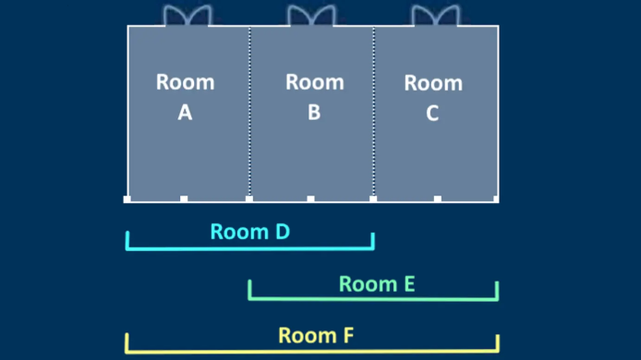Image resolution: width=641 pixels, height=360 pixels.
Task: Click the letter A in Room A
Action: tap(185, 112)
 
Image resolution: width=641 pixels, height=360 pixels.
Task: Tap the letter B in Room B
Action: tap(314, 112)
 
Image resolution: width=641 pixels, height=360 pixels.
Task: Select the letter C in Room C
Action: tap(432, 113)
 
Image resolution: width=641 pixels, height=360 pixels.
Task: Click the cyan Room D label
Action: tap(250, 232)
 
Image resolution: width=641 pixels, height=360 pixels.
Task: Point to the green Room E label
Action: tap(377, 284)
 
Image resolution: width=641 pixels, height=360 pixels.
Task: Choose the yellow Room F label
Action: tap(316, 335)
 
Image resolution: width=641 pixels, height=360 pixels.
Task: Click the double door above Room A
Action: tap(187, 16)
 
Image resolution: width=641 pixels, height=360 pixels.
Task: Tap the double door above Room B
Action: tap(312, 16)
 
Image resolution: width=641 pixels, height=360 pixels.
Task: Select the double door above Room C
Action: tap(436, 16)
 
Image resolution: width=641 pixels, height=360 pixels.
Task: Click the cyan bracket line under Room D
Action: tap(249, 248)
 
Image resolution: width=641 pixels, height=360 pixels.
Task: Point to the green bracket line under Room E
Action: tap(373, 299)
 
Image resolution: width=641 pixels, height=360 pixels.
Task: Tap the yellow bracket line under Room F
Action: tap(312, 351)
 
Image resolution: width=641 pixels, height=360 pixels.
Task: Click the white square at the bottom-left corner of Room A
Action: tap(127, 199)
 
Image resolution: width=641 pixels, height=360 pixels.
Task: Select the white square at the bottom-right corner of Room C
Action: tap(496, 199)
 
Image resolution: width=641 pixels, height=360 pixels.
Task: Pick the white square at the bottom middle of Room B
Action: tap(310, 199)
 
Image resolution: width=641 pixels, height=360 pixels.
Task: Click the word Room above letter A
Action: tap(185, 82)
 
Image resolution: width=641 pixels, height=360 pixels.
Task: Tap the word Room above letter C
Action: tap(433, 83)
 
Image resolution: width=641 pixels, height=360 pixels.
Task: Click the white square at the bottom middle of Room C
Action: tap(438, 199)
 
